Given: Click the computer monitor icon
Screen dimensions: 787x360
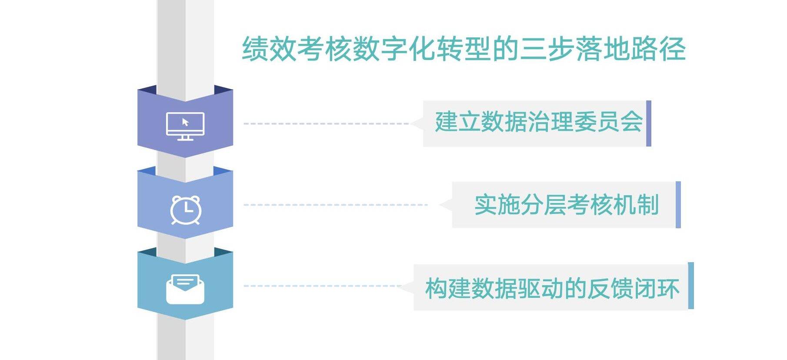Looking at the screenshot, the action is [185, 126].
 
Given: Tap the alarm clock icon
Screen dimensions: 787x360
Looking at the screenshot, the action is [186, 210].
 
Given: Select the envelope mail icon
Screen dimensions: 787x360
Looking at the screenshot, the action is [185, 289].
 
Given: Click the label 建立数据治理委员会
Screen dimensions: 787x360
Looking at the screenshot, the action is [539, 122].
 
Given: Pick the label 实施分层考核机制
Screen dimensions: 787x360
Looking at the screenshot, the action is [567, 205].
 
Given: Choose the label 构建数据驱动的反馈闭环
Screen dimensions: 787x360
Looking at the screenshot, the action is [552, 288].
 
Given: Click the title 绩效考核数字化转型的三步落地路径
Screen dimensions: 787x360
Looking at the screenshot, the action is [464, 48].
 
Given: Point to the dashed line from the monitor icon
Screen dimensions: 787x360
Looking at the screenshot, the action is [326, 123].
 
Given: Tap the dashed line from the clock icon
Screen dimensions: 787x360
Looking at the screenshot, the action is [336, 205].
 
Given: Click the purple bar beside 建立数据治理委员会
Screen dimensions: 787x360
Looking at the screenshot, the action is [649, 123].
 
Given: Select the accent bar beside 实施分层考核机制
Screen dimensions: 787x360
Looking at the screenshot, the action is [678, 205].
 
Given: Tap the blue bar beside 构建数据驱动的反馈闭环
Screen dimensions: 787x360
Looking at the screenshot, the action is [691, 286].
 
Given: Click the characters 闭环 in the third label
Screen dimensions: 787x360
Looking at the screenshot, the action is [657, 288].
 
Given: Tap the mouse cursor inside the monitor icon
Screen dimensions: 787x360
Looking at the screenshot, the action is [186, 122].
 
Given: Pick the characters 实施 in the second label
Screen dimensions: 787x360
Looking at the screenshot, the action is [497, 205].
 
